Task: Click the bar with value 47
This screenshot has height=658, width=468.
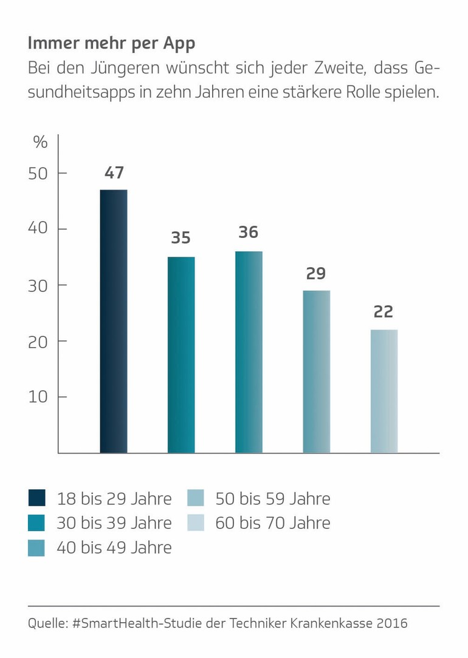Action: (114, 321)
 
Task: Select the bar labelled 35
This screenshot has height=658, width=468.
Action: (181, 354)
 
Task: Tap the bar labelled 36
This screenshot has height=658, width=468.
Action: (249, 352)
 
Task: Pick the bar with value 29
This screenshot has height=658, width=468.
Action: (316, 371)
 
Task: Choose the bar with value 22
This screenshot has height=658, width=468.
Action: (384, 391)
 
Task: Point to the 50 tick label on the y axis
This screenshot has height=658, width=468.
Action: (38, 174)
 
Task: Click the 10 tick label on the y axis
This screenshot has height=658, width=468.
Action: (38, 397)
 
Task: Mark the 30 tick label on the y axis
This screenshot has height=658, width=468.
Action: (38, 285)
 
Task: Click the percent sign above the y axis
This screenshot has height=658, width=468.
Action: (40, 143)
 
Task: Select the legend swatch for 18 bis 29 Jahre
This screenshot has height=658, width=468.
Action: (37, 498)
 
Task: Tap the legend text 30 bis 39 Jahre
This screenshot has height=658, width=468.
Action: (114, 523)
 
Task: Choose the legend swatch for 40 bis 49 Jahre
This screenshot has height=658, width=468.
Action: (37, 548)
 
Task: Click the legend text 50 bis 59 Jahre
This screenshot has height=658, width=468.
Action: (273, 499)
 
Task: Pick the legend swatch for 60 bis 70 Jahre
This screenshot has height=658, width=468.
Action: (196, 523)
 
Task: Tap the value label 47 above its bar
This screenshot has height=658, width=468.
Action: (114, 173)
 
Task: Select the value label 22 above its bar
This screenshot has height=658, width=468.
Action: (384, 312)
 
